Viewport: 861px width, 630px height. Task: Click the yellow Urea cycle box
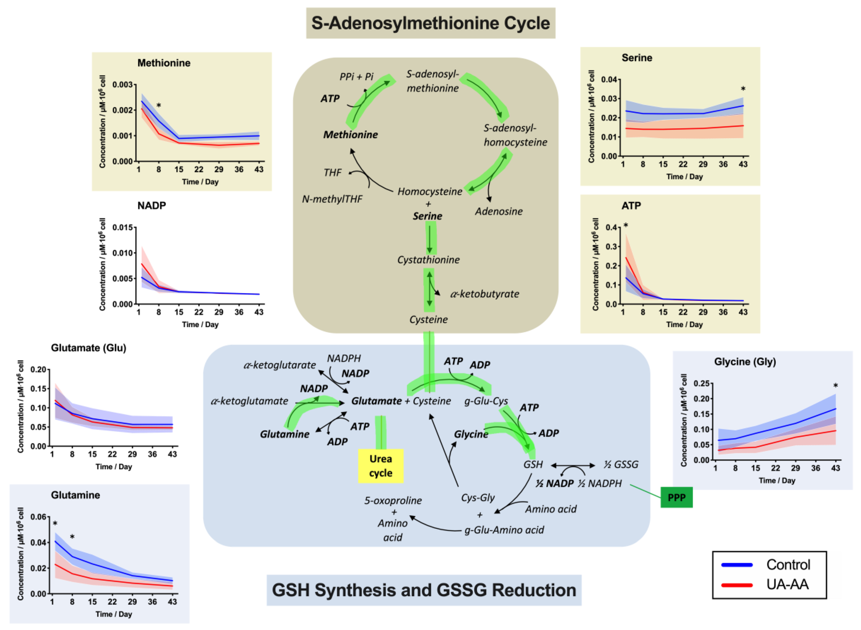coord(380,466)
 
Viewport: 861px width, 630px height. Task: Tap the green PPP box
coord(676,497)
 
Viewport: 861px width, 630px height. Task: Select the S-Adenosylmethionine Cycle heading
coord(430,23)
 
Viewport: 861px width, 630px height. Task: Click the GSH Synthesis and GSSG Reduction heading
coord(424,590)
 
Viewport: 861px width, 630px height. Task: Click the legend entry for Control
coord(788,565)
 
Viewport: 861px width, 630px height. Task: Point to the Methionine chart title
coord(164,63)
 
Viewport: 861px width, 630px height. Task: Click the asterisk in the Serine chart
coord(743,89)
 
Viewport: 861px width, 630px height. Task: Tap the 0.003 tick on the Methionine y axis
coord(122,85)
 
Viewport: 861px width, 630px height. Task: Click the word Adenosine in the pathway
coord(498,211)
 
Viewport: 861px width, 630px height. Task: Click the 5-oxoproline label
coord(393,500)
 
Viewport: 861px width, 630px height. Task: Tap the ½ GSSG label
coord(621,464)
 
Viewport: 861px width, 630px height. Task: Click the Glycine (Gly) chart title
coord(745,361)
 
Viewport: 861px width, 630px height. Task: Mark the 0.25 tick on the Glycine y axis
coord(701,384)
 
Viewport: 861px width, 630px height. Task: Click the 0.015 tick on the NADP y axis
coord(122,228)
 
